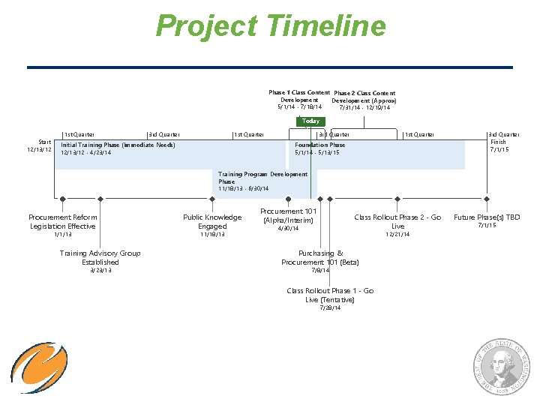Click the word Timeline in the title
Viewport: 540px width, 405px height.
pos(325,26)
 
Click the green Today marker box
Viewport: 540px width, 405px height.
pos(310,121)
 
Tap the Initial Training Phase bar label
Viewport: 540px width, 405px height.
pos(118,145)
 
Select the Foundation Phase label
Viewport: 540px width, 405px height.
pos(320,145)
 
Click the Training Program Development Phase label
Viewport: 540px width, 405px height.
pos(262,178)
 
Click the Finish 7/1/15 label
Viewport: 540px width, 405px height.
pos(499,145)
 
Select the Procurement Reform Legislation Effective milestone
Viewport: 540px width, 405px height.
pos(62,222)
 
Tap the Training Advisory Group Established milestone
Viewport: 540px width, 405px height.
pos(100,258)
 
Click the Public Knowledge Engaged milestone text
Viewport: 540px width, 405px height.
pos(212,222)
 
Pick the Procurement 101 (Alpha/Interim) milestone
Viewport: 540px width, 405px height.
pos(289,216)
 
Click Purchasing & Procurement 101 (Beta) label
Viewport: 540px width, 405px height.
pos(320,258)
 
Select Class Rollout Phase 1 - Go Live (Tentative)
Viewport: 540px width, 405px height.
pos(330,295)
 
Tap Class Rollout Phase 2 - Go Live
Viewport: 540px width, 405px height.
pos(397,221)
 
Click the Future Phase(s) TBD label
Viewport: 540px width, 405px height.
pos(487,217)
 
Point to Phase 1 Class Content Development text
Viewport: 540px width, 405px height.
pos(299,96)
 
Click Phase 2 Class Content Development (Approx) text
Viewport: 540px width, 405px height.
pos(364,97)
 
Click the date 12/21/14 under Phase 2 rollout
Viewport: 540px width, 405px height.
pos(397,235)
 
